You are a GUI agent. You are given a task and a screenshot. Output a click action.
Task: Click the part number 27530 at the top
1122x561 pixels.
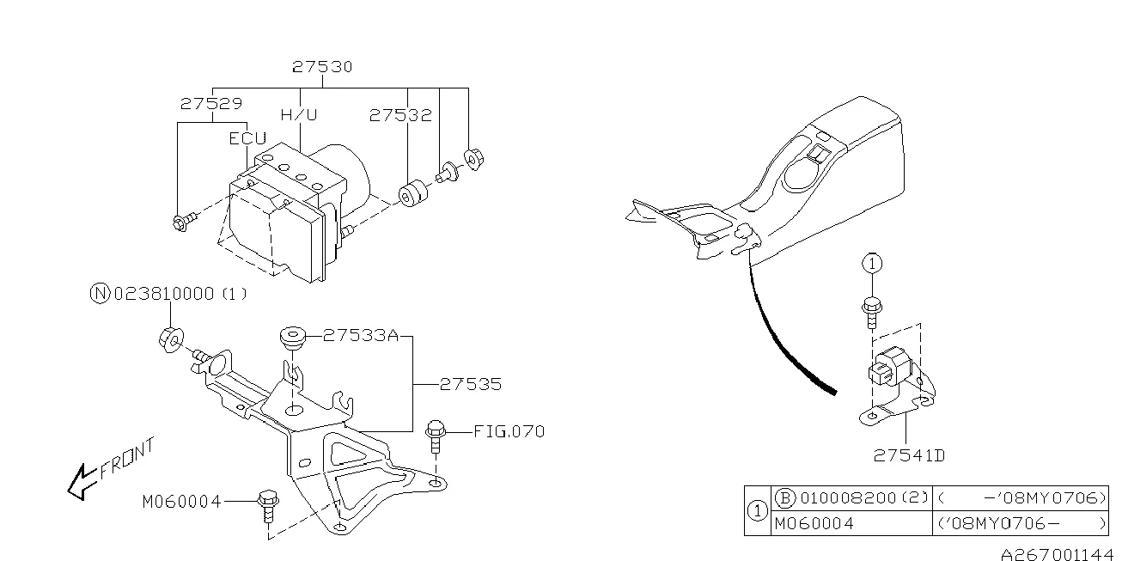[x=322, y=66]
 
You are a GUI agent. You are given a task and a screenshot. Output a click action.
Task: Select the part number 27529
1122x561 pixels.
[x=211, y=103]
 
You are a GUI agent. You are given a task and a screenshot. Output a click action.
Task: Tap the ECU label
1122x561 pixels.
[x=247, y=137]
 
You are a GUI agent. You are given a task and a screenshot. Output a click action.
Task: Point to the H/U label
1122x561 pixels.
[x=299, y=114]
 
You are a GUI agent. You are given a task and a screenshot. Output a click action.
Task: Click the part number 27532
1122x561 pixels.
[x=400, y=114]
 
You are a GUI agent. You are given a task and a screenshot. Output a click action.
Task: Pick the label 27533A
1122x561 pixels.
[x=361, y=337]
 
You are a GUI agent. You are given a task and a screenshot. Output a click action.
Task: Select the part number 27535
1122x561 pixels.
[x=471, y=385]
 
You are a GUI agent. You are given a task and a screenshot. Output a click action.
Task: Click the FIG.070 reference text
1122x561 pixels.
[x=509, y=431]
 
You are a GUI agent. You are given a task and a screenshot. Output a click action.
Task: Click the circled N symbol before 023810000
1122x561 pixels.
[x=100, y=294]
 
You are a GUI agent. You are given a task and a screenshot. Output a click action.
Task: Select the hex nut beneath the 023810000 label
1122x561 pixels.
[x=169, y=339]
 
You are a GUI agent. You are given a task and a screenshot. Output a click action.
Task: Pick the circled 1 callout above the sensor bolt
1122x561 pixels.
[x=871, y=264]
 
